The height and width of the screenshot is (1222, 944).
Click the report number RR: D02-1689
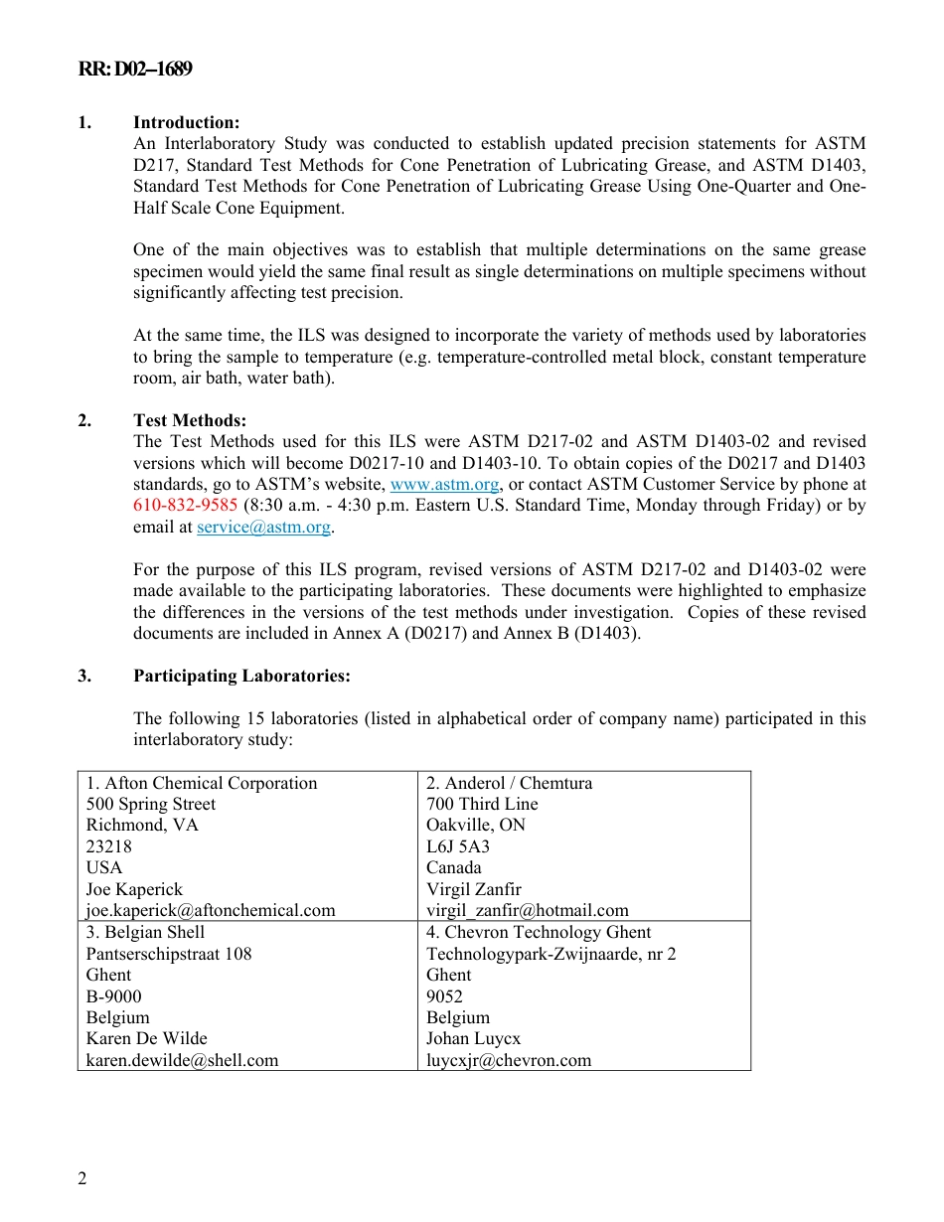pos(134,69)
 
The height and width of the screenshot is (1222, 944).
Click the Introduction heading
pos(186,122)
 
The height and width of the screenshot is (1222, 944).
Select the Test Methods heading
pos(190,420)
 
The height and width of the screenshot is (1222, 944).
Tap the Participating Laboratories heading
pos(241,676)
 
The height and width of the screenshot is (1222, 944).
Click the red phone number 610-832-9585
pos(185,506)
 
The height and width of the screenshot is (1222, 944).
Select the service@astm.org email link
pos(263,528)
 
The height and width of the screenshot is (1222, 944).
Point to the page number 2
pos(82,1179)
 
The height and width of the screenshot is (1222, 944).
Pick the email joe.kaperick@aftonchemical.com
pos(211,910)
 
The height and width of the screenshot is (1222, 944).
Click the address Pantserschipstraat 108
pos(169,954)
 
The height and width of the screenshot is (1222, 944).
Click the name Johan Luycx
pos(473,1038)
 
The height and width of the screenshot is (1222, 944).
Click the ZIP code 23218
pos(108,846)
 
